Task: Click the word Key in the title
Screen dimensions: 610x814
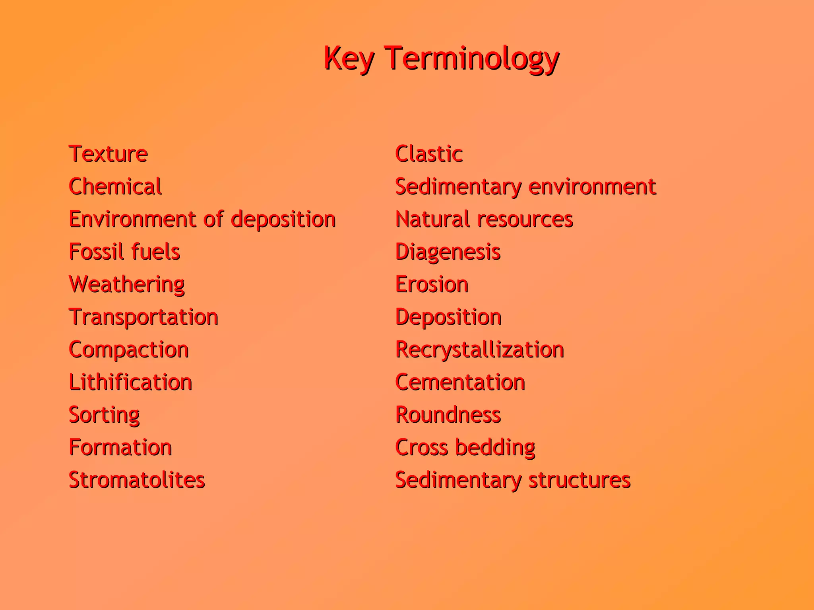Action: coord(349,59)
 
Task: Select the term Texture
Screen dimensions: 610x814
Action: coord(108,154)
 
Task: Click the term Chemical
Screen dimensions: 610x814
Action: coord(115,186)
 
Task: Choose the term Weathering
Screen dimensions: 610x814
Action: coord(127,285)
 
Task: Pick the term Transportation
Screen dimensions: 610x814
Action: coord(143,317)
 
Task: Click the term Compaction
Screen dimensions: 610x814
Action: coord(129,350)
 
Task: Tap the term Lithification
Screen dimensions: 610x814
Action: coord(130,383)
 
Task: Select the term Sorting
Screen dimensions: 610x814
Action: coord(104,415)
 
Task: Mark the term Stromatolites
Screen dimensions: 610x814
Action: coord(137,480)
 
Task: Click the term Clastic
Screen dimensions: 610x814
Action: coord(429,154)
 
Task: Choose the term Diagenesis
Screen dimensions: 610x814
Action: coord(448,252)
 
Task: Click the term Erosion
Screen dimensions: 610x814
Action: coord(432,285)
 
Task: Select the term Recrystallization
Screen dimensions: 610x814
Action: coord(480,350)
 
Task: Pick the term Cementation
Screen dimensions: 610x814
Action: coord(460,383)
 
